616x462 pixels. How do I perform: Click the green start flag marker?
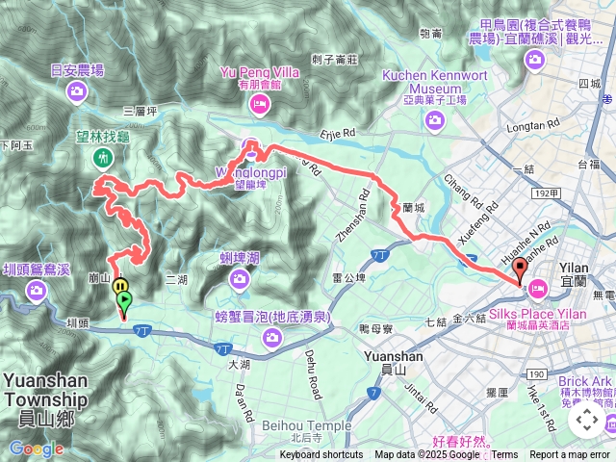[123, 301]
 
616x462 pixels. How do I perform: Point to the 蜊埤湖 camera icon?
[240, 278]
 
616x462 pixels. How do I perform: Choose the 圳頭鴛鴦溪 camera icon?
[36, 291]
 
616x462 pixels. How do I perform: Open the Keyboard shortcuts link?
[321, 455]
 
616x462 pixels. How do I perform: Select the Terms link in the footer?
[505, 455]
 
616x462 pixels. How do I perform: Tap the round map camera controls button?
[586, 420]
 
